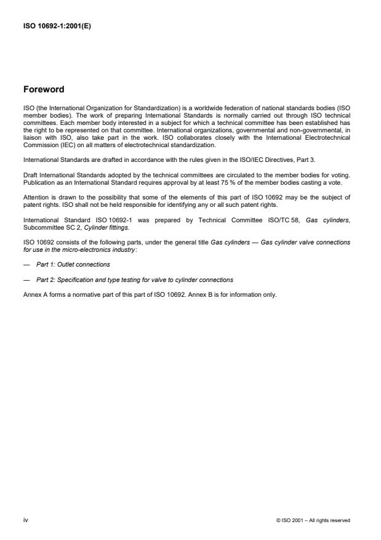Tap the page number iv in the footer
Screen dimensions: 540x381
pos(25,520)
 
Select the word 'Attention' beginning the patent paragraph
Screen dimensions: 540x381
pos(35,197)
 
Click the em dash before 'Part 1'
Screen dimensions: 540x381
pos(26,264)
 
